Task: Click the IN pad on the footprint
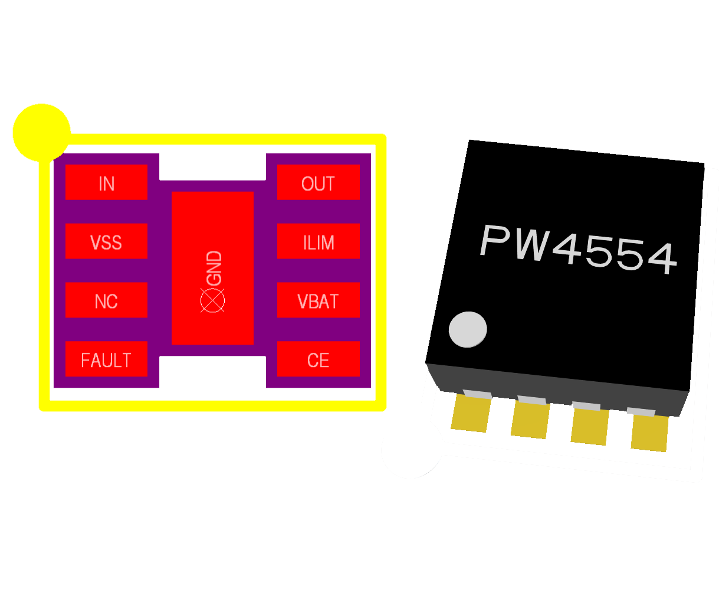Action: coord(106,182)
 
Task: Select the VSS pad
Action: coord(106,241)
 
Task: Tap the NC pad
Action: coord(106,300)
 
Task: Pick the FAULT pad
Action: coord(106,359)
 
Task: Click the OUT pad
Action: coord(318,182)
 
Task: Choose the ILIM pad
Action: coord(318,241)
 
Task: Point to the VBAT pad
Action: coord(318,300)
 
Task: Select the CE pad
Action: coord(318,359)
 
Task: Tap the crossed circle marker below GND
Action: coord(212,300)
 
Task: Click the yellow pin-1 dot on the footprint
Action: coord(41,133)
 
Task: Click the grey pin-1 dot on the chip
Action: coord(468,329)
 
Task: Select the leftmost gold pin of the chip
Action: coord(471,413)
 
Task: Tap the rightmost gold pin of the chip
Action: coord(650,433)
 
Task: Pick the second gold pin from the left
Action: coord(530,419)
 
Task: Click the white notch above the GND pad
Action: coord(212,167)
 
